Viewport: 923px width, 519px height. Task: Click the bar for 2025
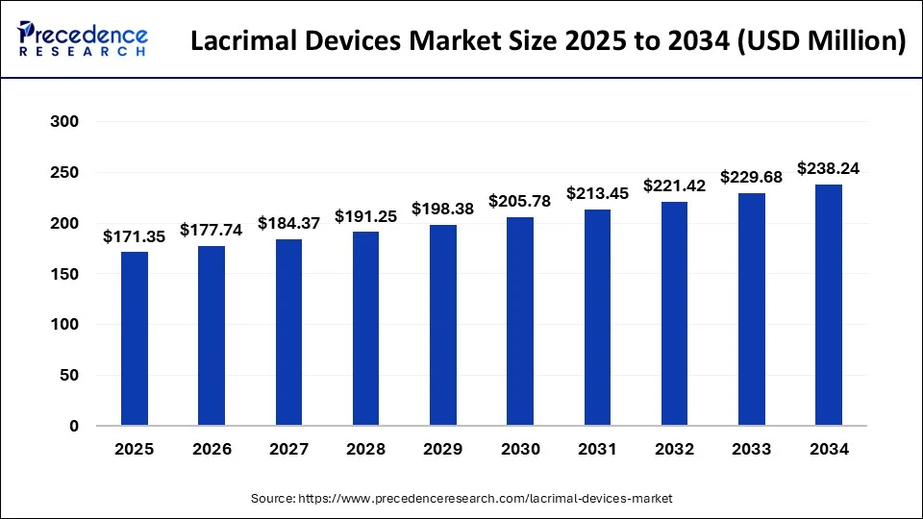pyautogui.click(x=135, y=338)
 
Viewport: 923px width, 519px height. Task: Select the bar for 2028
pyautogui.click(x=365, y=329)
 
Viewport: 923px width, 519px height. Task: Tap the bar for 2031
pyautogui.click(x=597, y=317)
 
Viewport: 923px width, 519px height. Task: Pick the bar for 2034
pyautogui.click(x=828, y=305)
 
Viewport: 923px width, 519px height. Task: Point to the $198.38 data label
pyautogui.click(x=443, y=209)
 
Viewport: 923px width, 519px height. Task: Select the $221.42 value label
pyautogui.click(x=674, y=185)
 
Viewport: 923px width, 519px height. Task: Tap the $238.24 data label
pyautogui.click(x=828, y=168)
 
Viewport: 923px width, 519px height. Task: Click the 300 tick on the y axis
pyautogui.click(x=64, y=122)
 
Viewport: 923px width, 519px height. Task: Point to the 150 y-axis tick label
pyautogui.click(x=64, y=274)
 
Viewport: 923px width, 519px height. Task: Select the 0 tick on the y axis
pyautogui.click(x=73, y=426)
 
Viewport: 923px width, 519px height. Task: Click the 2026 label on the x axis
pyautogui.click(x=212, y=448)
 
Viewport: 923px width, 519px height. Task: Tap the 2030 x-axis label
pyautogui.click(x=520, y=448)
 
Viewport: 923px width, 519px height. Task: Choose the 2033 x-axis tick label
pyautogui.click(x=751, y=448)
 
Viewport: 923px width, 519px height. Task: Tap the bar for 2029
pyautogui.click(x=443, y=325)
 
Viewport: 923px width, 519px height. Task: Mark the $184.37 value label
pyautogui.click(x=288, y=223)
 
